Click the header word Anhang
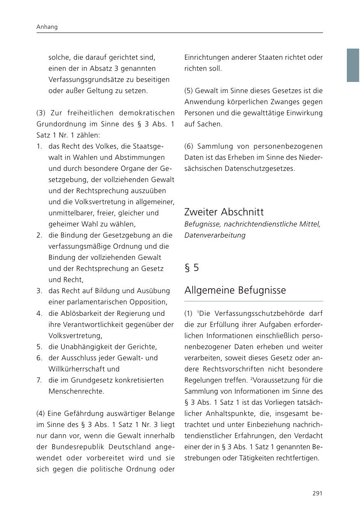pyautogui.click(x=47, y=27)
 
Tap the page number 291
pyautogui.click(x=317, y=493)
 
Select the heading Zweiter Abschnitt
pyautogui.click(x=224, y=212)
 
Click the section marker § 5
pyautogui.click(x=191, y=268)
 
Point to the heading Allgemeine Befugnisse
pyautogui.click(x=235, y=290)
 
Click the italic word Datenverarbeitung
pyautogui.click(x=215, y=235)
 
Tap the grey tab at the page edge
pyautogui.click(x=353, y=65)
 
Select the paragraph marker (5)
pyautogui.click(x=189, y=91)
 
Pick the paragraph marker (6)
pyautogui.click(x=189, y=147)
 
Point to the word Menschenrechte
pyautogui.click(x=76, y=391)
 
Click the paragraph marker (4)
pyautogui.click(x=41, y=413)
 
